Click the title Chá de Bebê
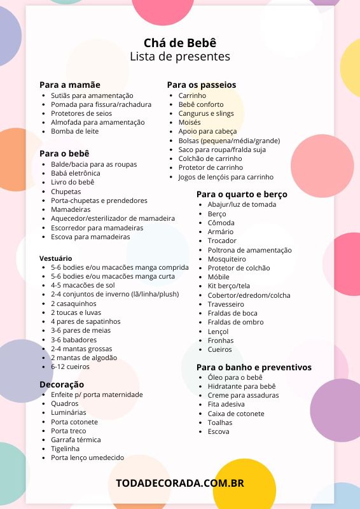[180, 42]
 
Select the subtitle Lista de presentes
[180, 57]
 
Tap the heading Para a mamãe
[70, 85]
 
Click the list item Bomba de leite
[75, 131]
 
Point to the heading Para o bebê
[64, 153]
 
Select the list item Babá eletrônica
[76, 173]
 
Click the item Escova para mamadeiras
[90, 237]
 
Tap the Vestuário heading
[56, 258]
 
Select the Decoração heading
[62, 384]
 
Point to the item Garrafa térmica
[76, 440]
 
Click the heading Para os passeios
[202, 85]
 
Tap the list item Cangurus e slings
[206, 113]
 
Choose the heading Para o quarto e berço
[242, 194]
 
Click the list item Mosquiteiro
[226, 260]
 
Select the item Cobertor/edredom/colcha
[249, 295]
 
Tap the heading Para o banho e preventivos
[254, 367]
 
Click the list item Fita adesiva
[226, 404]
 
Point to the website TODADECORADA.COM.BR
[180, 483]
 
